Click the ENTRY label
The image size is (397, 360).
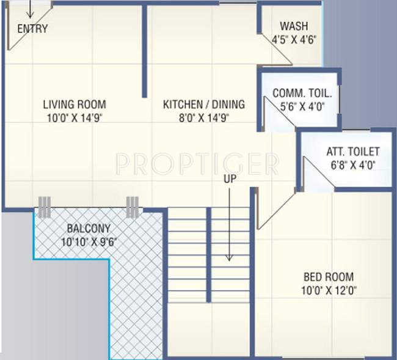click(32, 29)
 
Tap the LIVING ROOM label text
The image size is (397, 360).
click(75, 104)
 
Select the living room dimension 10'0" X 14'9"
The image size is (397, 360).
click(75, 118)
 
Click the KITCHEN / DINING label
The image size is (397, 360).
click(203, 104)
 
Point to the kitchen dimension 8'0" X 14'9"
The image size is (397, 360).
click(203, 118)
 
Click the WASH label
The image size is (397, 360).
click(294, 26)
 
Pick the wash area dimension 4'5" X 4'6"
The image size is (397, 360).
click(294, 40)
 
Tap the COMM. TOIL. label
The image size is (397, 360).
click(302, 94)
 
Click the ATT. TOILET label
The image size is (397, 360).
click(352, 152)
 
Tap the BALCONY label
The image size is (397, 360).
click(89, 229)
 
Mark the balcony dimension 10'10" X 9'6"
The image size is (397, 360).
click(89, 242)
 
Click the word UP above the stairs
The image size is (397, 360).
click(230, 180)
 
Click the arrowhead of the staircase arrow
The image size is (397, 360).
click(230, 258)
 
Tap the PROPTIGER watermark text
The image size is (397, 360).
click(197, 164)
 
